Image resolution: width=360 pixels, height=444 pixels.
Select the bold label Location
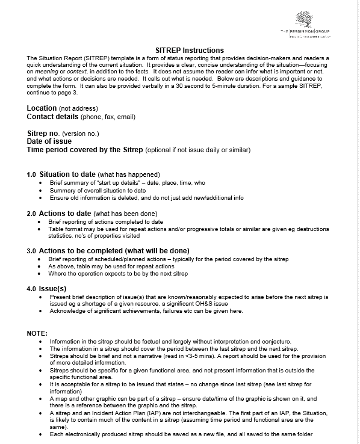tap(42, 108)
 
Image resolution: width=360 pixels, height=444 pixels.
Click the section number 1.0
tap(31, 175)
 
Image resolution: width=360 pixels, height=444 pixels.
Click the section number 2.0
tap(31, 214)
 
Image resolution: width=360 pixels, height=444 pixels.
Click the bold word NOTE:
tap(37, 333)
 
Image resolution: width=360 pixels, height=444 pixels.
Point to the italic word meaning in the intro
tap(47, 72)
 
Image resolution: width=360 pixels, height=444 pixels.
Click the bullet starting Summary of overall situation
tap(98, 190)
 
